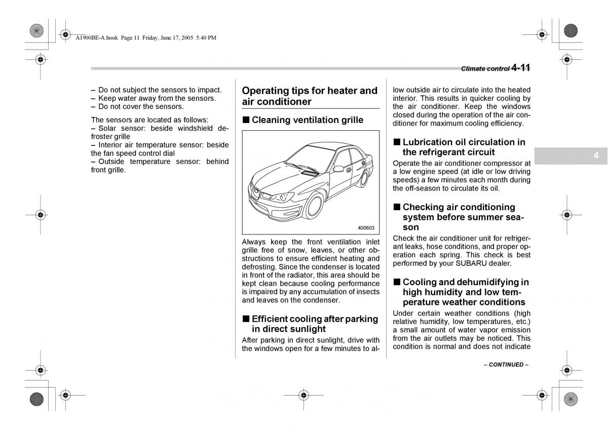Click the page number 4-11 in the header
[x=520, y=68]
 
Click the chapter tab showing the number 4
[x=596, y=156]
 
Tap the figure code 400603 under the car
[x=366, y=228]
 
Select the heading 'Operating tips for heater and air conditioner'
[x=310, y=96]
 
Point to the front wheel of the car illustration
[x=315, y=206]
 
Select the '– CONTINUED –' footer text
[x=506, y=365]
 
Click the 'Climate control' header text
[x=484, y=69]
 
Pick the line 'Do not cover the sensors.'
[x=141, y=106]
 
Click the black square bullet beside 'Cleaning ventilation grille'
[x=246, y=120]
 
